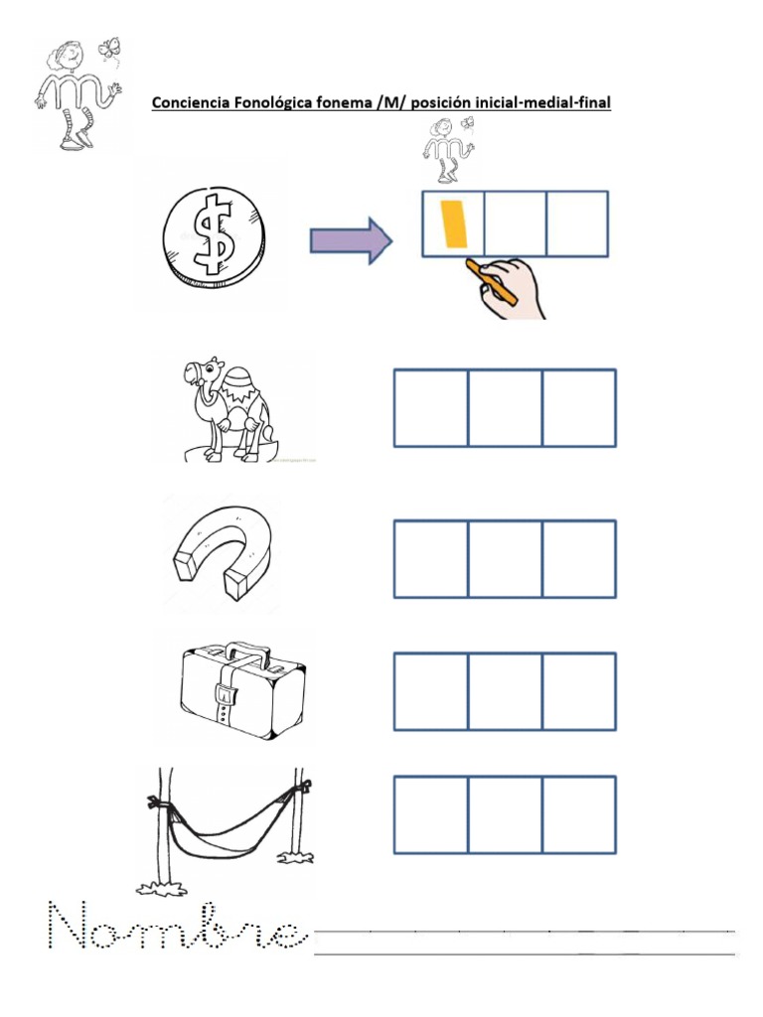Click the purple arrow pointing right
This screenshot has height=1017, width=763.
click(x=351, y=240)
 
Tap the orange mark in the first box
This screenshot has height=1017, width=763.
click(x=454, y=223)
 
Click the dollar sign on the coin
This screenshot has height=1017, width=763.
click(x=215, y=234)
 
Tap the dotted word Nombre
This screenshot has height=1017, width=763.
click(x=177, y=926)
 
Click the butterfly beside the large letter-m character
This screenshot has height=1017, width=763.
click(x=109, y=48)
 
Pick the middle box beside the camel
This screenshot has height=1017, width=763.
click(x=505, y=408)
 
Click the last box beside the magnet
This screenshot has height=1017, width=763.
click(x=579, y=558)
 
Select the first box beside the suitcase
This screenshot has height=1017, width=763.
click(x=431, y=691)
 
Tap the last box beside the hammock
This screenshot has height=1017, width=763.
click(x=579, y=814)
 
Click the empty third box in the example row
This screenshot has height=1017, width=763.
click(x=577, y=223)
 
